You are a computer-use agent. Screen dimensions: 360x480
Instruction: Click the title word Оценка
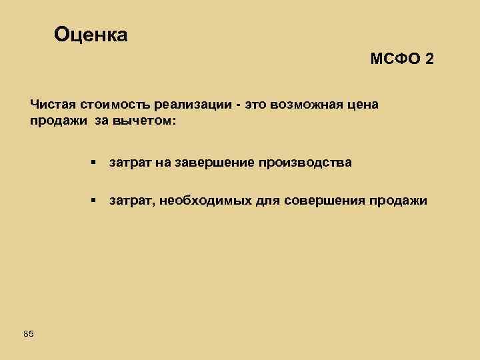tap(91, 34)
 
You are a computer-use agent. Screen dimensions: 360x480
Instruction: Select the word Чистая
tap(53, 105)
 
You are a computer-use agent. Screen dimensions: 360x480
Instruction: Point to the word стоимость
tap(115, 105)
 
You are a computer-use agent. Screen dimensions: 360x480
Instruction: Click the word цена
tap(364, 105)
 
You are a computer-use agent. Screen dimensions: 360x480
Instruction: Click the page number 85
tap(28, 333)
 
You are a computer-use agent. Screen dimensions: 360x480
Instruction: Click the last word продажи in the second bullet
tap(404, 201)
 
